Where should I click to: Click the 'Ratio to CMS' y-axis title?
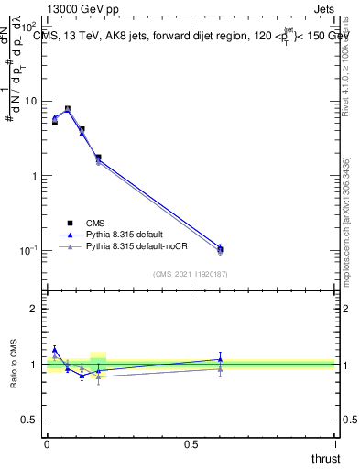tap(14, 365)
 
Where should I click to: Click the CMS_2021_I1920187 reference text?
tap(190, 273)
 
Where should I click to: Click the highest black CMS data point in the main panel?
tap(68, 109)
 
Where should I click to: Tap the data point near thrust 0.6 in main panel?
tap(220, 249)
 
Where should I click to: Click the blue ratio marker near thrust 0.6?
tap(220, 359)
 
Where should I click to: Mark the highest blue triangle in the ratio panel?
tap(55, 349)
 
